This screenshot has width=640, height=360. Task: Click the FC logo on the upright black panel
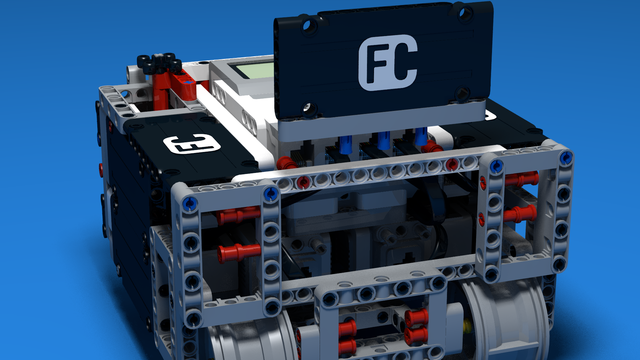coord(388,62)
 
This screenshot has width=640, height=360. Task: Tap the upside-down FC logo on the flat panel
coord(191,144)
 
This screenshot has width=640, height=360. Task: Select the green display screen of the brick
coord(253,70)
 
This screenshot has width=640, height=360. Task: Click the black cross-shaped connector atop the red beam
coord(160,63)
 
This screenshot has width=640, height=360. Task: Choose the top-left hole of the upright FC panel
coord(309,26)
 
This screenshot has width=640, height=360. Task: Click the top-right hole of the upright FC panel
coord(464,14)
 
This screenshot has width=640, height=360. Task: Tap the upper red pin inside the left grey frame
coord(238,216)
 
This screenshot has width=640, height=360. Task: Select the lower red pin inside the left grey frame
coord(239,253)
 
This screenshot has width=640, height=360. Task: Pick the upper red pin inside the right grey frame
coord(522,179)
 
